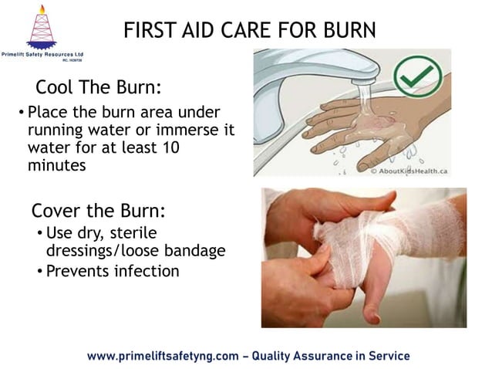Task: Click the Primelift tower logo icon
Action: [x=41, y=27]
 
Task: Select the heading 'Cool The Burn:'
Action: [x=98, y=86]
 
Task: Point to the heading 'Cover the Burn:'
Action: [x=99, y=211]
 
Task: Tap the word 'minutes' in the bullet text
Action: [x=56, y=164]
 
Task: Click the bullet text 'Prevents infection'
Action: [x=113, y=271]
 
